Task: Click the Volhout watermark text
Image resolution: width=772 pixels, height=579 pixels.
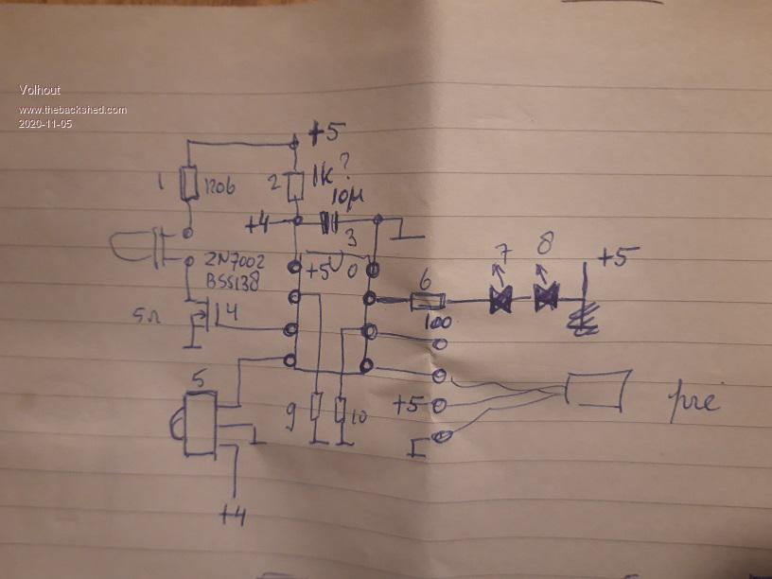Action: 40,90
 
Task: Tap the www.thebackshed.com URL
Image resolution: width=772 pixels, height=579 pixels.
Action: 73,110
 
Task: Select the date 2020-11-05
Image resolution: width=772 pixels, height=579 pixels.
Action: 45,123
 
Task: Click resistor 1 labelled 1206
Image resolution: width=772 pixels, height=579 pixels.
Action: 189,184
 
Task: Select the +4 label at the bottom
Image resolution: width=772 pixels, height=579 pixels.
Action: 232,514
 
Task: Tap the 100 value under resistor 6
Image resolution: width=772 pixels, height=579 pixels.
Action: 436,323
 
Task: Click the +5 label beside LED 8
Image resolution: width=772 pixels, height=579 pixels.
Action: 617,256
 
